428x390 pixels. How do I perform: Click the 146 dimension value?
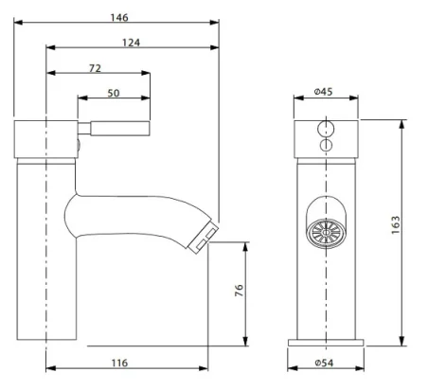[117, 18]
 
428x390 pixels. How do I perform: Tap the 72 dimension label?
[96, 68]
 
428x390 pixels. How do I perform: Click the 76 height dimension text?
[239, 292]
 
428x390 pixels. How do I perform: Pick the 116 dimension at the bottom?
[117, 363]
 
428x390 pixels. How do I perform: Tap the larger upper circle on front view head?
[327, 128]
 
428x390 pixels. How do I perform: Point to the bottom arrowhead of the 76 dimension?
[247, 343]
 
